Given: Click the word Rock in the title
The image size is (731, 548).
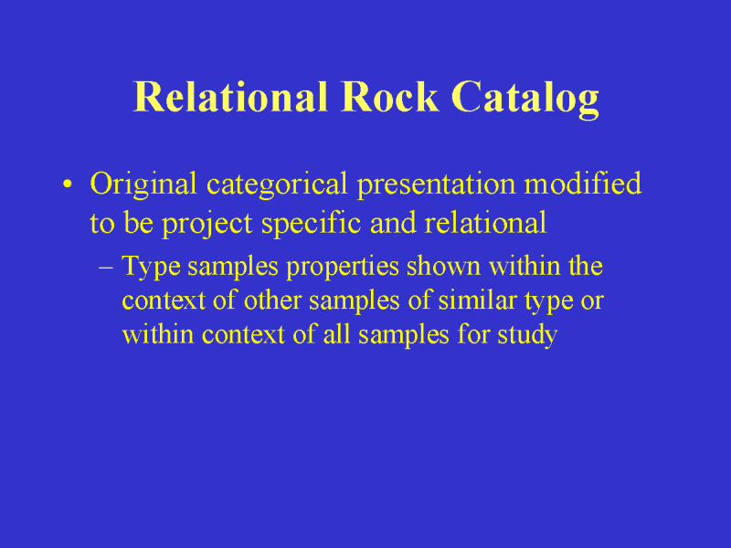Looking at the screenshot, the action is coord(389,97).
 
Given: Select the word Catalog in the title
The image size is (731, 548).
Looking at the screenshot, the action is coord(524,100).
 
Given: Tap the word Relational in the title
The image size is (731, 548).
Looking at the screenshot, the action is coord(230,97).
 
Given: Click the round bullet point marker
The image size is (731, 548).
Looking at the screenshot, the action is coord(68,184).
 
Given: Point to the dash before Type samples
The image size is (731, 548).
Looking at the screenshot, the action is coord(106,268).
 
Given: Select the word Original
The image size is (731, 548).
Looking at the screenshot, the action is coord(143,185).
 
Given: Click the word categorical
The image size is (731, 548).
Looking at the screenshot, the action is coord(277,185).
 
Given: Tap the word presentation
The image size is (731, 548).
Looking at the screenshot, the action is coord(437,185).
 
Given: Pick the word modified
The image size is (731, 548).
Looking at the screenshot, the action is coord(583,184).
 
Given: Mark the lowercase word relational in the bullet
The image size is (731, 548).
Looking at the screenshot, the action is coord(485,223).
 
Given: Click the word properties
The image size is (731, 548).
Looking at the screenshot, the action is coord(342,268).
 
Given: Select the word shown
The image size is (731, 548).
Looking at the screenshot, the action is coord(443,267).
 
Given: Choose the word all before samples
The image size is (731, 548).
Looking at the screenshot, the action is coord(336,334).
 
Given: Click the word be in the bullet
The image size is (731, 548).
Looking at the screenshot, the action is coord(139,223).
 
